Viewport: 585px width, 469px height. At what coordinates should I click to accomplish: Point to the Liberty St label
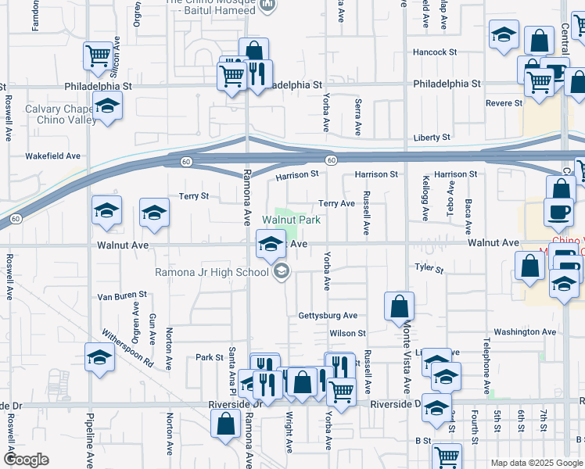tap(432, 138)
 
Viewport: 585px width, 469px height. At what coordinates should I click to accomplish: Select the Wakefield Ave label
tap(53, 156)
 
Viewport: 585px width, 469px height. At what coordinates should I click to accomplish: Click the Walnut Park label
tap(291, 220)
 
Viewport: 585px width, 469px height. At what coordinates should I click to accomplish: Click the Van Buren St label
tap(122, 295)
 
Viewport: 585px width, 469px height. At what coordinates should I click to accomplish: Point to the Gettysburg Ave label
tap(327, 316)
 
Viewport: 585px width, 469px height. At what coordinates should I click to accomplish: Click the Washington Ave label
tap(525, 331)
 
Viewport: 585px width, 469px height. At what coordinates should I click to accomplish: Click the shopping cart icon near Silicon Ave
tap(99, 55)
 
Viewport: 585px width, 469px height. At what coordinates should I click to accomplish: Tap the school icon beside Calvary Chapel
tap(106, 106)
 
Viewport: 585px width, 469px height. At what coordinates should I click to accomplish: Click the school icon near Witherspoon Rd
tap(99, 358)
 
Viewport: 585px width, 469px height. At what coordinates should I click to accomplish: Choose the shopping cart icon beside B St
tap(447, 456)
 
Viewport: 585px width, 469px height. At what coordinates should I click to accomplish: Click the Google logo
tap(26, 460)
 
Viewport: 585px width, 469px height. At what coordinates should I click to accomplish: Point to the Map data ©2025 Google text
tap(536, 463)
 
